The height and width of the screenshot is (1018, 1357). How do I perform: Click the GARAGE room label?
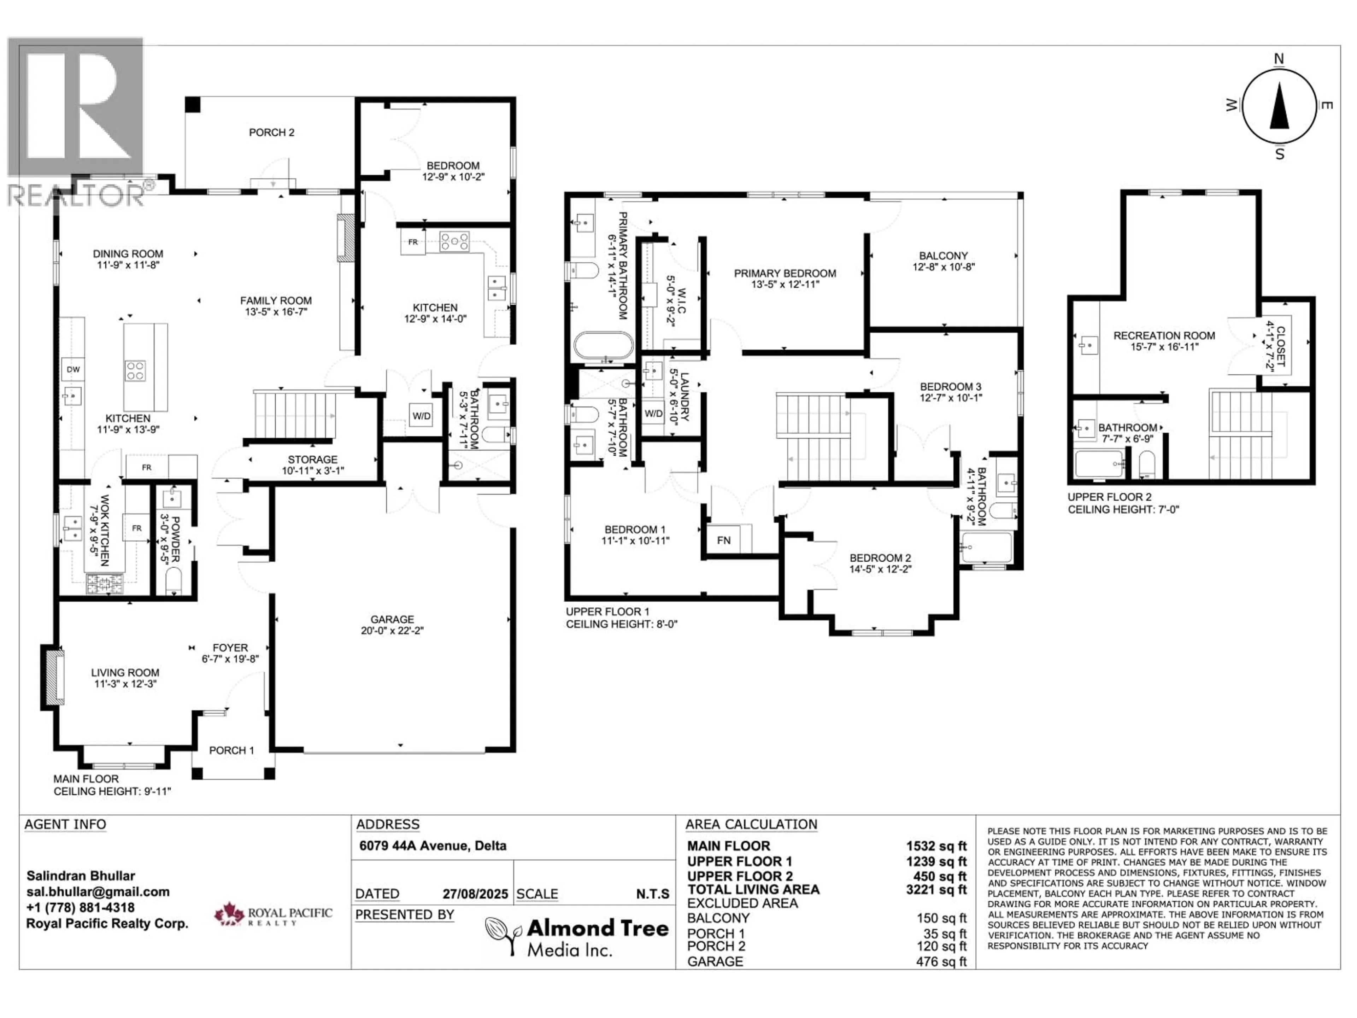pyautogui.click(x=392, y=619)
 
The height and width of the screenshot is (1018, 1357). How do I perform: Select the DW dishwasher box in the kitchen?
pyautogui.click(x=73, y=369)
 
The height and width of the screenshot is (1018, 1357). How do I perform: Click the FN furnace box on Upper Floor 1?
pyautogui.click(x=723, y=540)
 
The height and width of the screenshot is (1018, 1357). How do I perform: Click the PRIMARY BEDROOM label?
pyautogui.click(x=785, y=274)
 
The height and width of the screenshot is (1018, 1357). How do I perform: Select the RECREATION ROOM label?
pyautogui.click(x=1164, y=336)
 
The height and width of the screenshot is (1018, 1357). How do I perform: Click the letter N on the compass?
pyautogui.click(x=1279, y=59)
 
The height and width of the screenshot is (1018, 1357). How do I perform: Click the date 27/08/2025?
pyautogui.click(x=475, y=894)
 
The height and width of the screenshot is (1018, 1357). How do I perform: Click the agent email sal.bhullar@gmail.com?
pyautogui.click(x=98, y=891)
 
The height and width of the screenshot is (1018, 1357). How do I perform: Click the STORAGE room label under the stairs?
pyautogui.click(x=312, y=460)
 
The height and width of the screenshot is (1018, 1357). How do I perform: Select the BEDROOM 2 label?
pyautogui.click(x=880, y=558)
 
